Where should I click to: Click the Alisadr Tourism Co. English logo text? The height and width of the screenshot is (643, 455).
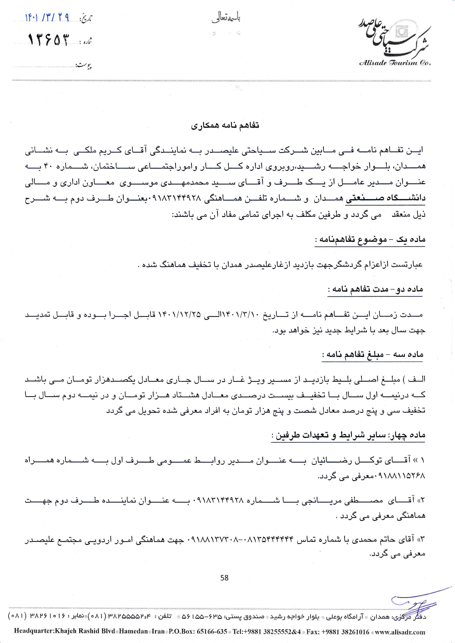coord(395,63)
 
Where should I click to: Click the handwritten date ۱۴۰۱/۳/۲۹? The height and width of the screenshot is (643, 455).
coord(47,18)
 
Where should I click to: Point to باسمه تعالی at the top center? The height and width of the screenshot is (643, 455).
coord(226,19)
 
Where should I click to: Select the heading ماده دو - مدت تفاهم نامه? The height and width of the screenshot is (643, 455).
coord(375,290)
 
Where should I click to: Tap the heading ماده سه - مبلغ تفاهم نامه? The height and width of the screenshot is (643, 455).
coord(372,355)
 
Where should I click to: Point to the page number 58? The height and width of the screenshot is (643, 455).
coord(224,570)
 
